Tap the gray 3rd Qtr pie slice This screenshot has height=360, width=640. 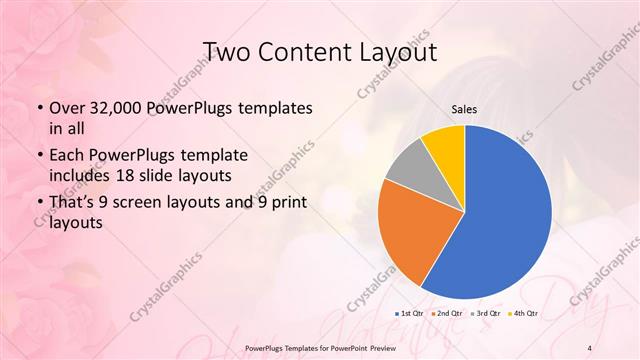408,168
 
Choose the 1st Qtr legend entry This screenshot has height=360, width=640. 411,314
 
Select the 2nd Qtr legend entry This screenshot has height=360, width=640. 448,314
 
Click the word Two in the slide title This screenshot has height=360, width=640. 225,51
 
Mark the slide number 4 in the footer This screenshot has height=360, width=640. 590,346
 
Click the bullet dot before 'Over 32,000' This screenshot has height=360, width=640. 38,107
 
